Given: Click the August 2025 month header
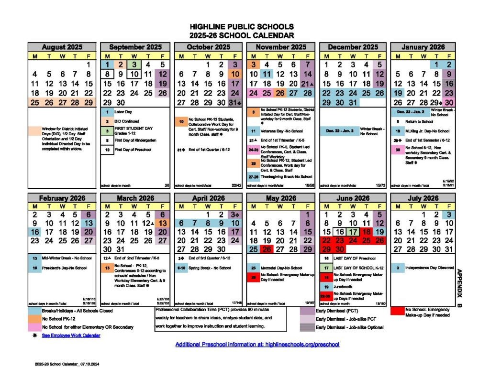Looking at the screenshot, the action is [x=62, y=47].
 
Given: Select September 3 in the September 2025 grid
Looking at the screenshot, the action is [x=135, y=65].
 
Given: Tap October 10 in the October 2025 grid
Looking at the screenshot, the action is [x=234, y=74].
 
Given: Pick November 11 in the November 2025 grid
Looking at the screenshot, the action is [x=267, y=74].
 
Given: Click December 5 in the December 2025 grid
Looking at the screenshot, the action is [x=379, y=65].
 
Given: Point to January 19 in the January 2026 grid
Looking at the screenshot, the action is [x=397, y=93].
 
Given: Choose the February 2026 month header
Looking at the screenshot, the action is [x=62, y=198].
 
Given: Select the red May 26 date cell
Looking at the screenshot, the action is [x=267, y=249].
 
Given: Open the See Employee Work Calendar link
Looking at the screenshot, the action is [x=71, y=335].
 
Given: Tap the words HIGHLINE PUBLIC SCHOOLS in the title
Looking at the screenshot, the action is [x=242, y=27].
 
